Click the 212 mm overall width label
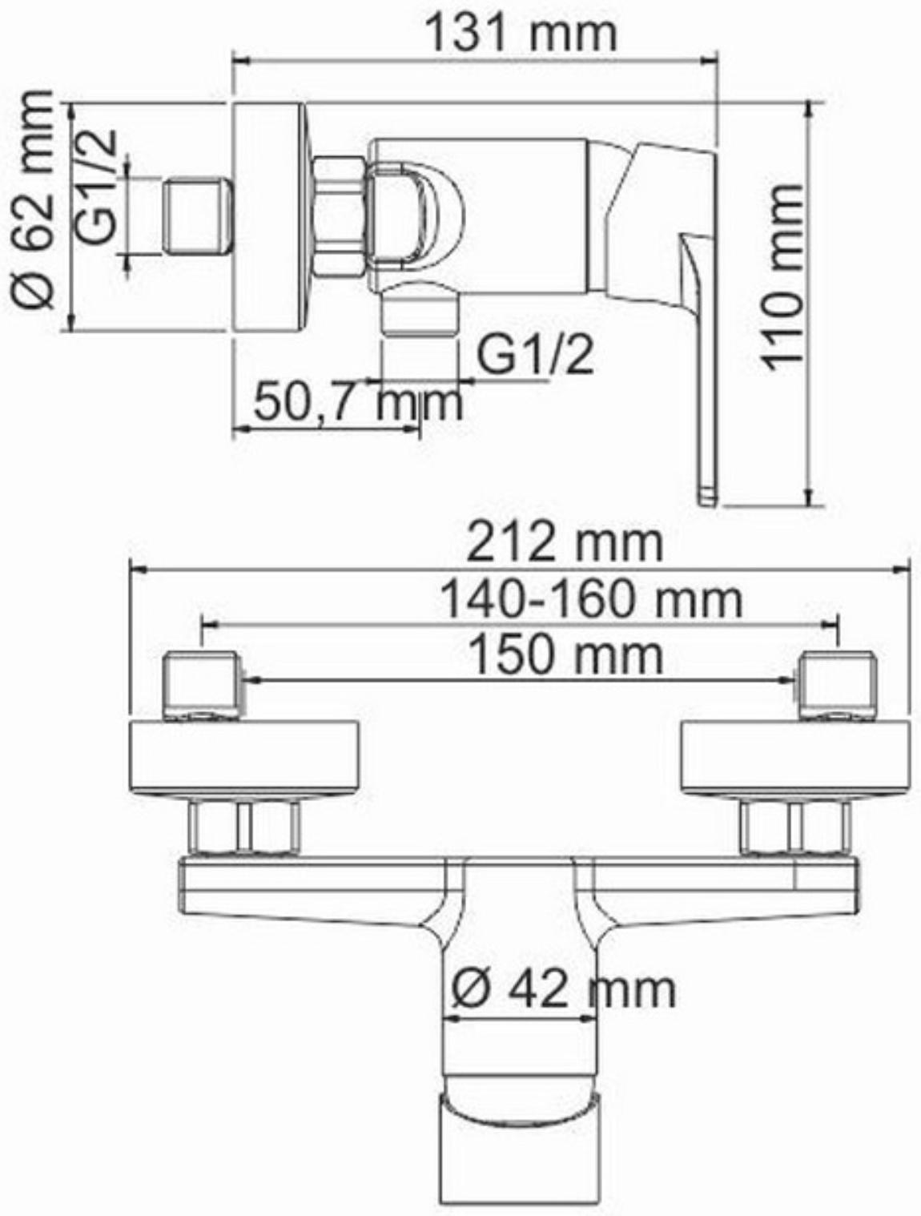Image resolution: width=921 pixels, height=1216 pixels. [565, 544]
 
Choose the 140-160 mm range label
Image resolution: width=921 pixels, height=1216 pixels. [592, 599]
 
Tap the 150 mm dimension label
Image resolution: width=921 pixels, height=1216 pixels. [565, 654]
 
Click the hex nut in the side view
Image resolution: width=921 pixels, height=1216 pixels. [338, 217]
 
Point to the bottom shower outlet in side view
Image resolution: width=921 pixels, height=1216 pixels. [417, 314]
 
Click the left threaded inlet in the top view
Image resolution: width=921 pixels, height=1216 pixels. [202, 686]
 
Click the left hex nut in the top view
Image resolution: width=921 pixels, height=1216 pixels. [244, 827]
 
